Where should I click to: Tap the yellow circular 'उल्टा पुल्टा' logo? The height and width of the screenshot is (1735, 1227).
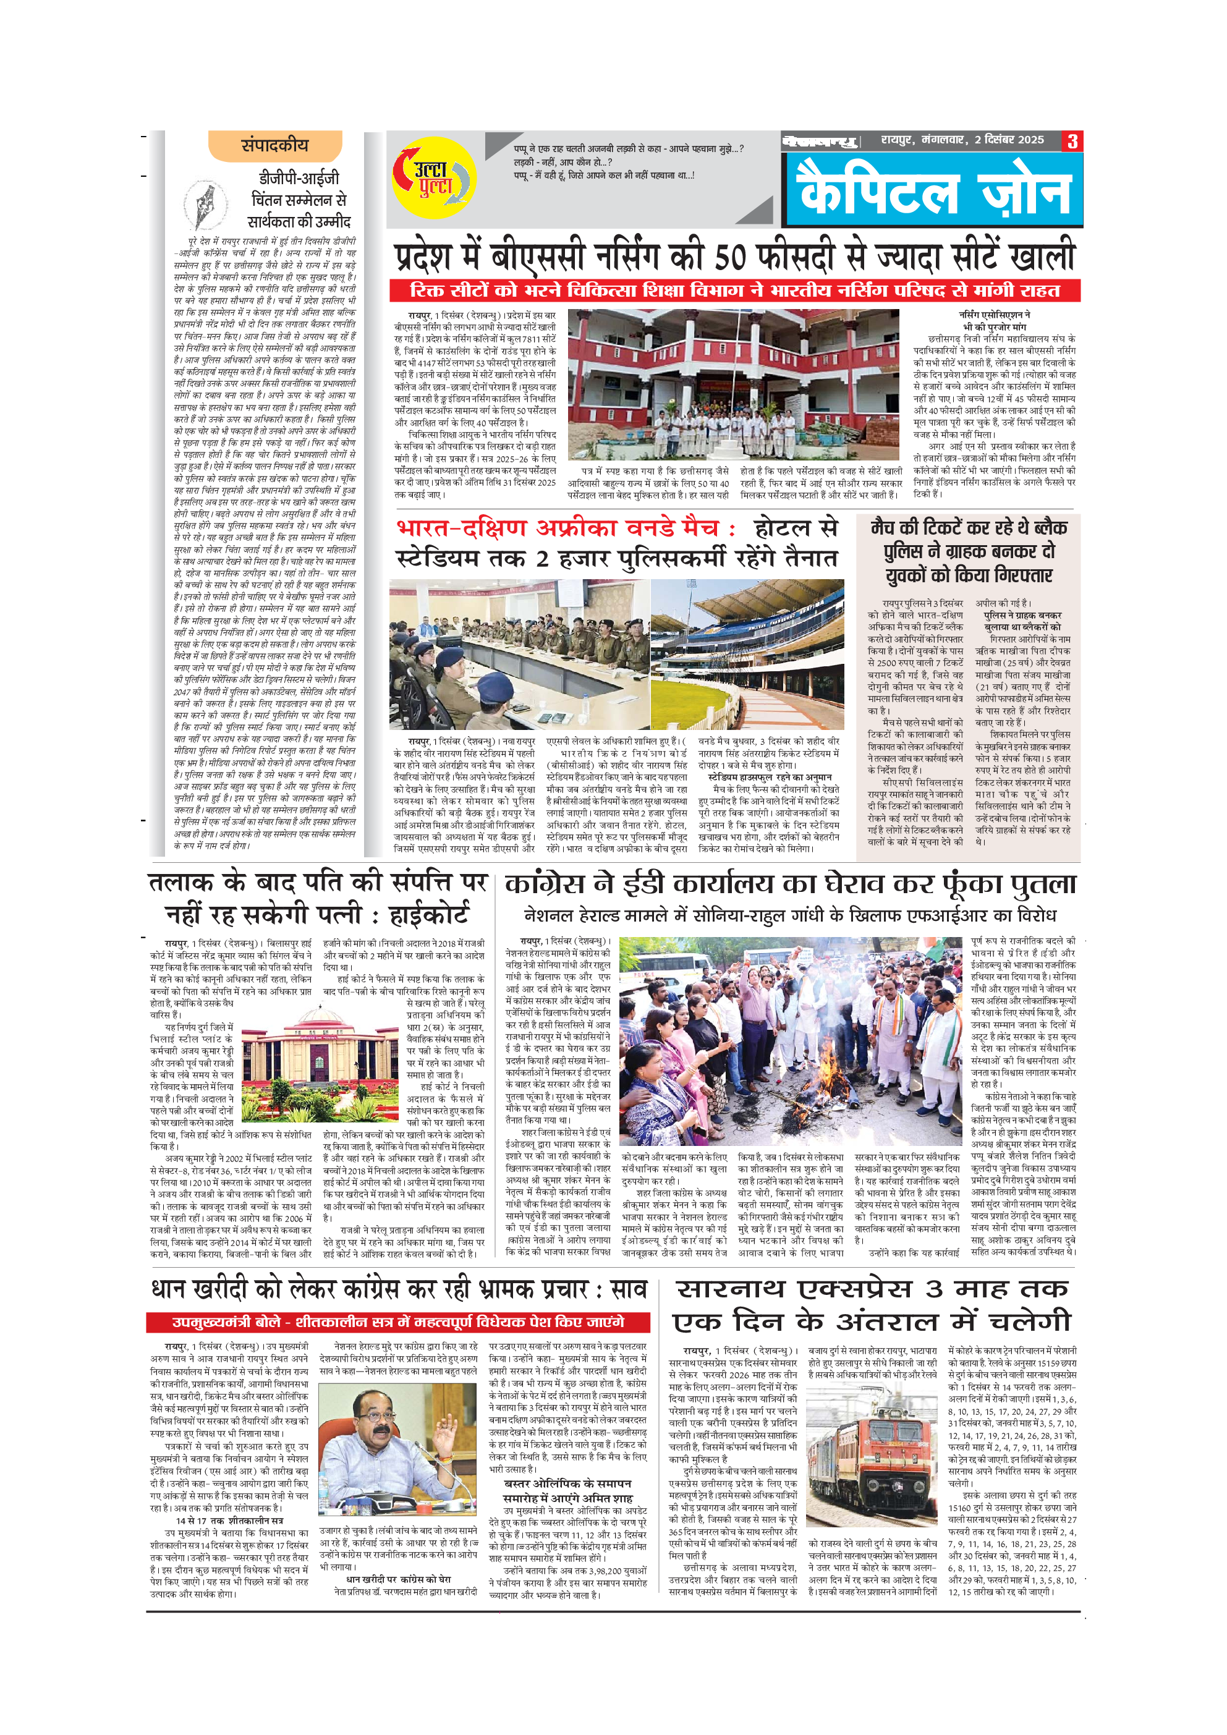point(434,179)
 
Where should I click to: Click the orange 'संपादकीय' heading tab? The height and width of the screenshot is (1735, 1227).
point(275,145)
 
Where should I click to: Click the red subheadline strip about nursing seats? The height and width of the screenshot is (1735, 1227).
point(734,290)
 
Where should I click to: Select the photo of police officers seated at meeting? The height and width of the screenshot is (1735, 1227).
point(519,654)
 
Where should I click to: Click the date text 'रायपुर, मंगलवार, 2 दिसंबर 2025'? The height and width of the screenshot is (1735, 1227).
point(962,140)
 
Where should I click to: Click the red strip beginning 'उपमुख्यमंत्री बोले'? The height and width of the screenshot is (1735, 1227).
point(398,1321)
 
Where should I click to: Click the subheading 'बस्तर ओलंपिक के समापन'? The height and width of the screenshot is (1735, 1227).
point(567,1483)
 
